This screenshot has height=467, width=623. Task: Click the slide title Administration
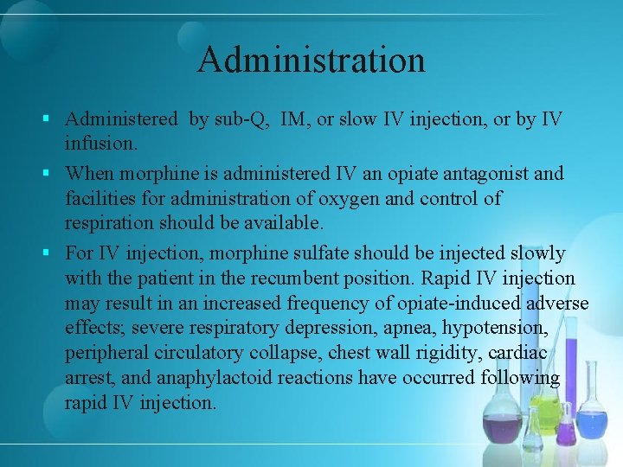pos(311,61)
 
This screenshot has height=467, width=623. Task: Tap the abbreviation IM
pos(295,119)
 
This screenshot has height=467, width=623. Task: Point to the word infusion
pos(97,142)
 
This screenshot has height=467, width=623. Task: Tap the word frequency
pos(308,304)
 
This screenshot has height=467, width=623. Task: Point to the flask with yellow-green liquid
pos(544,413)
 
